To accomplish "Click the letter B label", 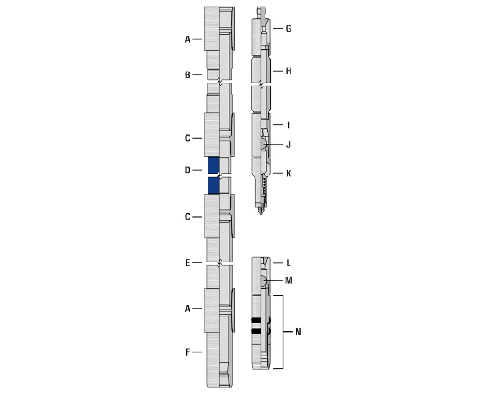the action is pyautogui.click(x=187, y=75).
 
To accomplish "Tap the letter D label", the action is pyautogui.click(x=187, y=170).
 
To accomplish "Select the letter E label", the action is pyautogui.click(x=187, y=263).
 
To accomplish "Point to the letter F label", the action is pyautogui.click(x=187, y=352).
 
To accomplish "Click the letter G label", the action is pyautogui.click(x=289, y=29).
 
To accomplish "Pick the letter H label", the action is pyautogui.click(x=289, y=71).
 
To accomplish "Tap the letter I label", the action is pyautogui.click(x=289, y=125).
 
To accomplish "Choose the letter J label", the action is pyautogui.click(x=289, y=144).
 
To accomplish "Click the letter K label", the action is pyautogui.click(x=289, y=173).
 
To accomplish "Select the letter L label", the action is pyautogui.click(x=289, y=263).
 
